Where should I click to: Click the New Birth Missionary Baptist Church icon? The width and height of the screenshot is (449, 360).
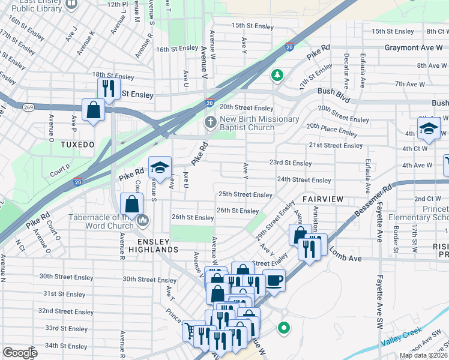210,123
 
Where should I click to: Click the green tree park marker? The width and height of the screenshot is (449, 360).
277,75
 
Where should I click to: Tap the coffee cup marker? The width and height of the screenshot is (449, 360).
274,280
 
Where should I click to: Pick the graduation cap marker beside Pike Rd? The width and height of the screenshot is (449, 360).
160,169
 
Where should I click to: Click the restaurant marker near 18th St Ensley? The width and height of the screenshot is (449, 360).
108,88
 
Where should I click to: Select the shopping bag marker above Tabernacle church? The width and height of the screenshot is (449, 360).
131,203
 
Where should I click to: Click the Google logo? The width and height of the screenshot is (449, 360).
20,353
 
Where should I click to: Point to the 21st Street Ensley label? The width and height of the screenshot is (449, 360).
336,145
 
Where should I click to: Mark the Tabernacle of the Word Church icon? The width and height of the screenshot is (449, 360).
143,221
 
